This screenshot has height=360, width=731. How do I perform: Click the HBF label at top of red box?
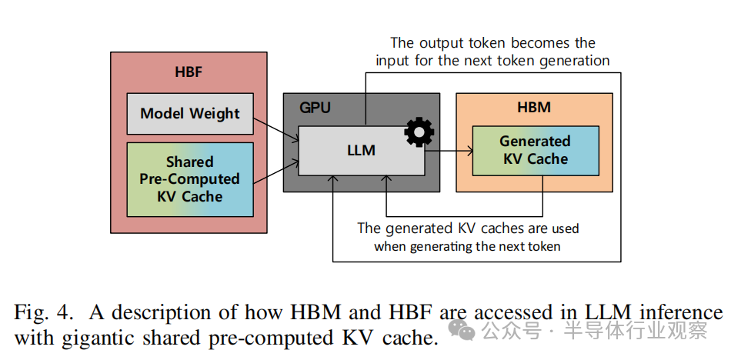(189, 73)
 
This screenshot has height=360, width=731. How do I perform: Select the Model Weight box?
(189, 113)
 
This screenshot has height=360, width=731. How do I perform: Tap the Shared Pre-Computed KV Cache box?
(189, 178)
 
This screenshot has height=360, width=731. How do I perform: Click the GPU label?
(315, 107)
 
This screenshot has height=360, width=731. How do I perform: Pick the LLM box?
(361, 150)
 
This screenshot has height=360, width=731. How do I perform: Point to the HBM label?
(534, 107)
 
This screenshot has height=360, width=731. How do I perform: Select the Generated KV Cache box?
(534, 150)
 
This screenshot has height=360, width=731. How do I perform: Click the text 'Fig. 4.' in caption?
(43, 313)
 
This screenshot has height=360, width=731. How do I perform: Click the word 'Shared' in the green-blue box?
(189, 162)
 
